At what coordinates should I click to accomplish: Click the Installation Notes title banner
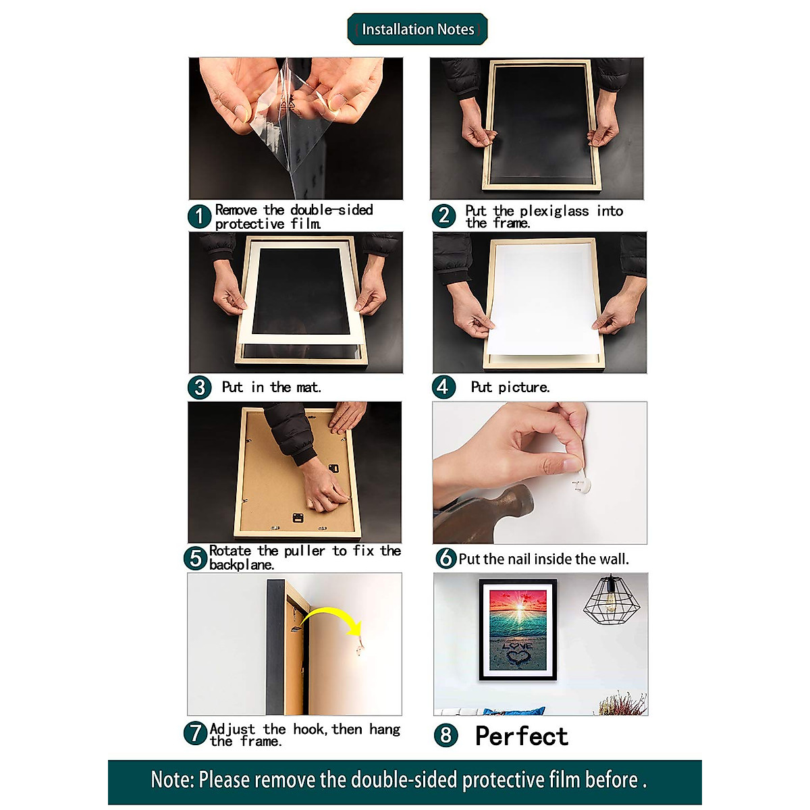pyautogui.click(x=417, y=29)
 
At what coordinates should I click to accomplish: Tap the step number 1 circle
pyautogui.click(x=199, y=217)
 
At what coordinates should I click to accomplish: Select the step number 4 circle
pyautogui.click(x=443, y=387)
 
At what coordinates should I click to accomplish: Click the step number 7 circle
pyautogui.click(x=195, y=733)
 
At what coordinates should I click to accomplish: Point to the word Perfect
pyautogui.click(x=521, y=736)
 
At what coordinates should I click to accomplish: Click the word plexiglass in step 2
pyautogui.click(x=553, y=211)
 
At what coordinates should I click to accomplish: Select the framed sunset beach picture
pyautogui.click(x=518, y=629)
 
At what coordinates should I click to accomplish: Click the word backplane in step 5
pyautogui.click(x=241, y=565)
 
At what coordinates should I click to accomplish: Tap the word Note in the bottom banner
pyautogui.click(x=171, y=780)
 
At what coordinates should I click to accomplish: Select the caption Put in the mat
pyautogui.click(x=271, y=387)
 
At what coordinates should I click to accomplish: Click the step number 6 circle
pyautogui.click(x=446, y=558)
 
